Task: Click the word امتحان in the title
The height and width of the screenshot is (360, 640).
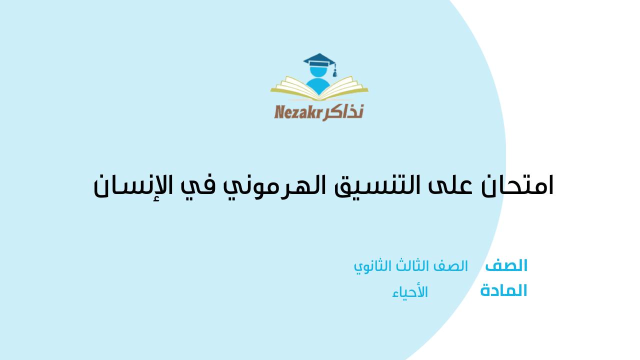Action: (517, 186)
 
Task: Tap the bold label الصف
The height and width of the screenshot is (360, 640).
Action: (506, 265)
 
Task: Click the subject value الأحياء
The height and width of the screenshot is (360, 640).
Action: (410, 292)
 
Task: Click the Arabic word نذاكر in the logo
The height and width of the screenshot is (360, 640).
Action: (343, 112)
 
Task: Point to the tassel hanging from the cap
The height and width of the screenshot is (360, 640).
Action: (334, 71)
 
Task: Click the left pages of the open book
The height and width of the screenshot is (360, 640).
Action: (294, 87)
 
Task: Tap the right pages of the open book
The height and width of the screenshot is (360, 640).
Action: (344, 87)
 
